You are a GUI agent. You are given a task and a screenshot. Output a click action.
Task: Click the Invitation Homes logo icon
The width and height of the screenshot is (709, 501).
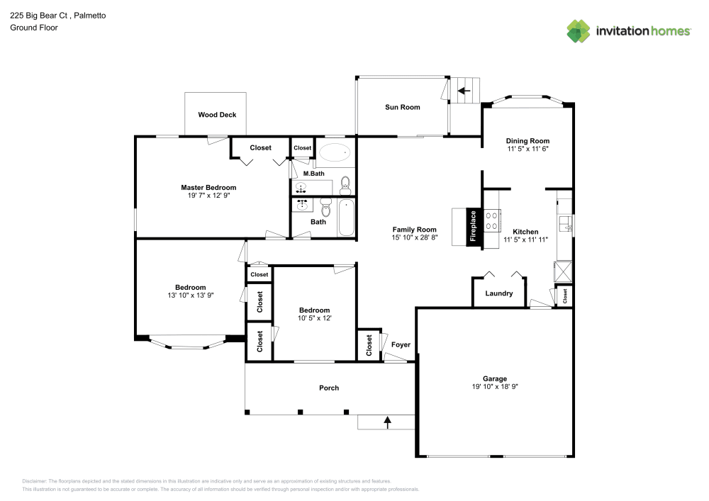[x=579, y=30]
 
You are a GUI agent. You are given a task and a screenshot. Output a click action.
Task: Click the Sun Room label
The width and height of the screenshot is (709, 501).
[x=402, y=108]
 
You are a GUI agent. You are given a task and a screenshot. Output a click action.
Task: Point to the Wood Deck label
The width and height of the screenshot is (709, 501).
[x=217, y=115]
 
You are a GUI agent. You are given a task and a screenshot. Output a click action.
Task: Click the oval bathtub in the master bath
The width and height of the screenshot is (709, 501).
[x=334, y=152]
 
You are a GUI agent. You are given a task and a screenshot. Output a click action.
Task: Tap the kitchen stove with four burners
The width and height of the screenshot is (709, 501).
[x=491, y=221]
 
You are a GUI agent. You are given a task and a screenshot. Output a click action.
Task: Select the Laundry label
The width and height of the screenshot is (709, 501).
[x=499, y=293]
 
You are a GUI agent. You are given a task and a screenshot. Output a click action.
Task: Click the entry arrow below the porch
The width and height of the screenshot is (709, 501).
[x=387, y=422]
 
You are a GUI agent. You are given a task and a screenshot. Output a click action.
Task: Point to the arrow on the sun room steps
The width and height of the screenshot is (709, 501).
[x=464, y=91]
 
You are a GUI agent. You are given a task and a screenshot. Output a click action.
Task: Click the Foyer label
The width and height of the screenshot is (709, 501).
[x=401, y=345]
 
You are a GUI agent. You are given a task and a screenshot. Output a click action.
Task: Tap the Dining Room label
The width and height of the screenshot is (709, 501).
[x=527, y=141]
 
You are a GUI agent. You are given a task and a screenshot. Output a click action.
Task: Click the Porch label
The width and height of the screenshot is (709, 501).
[x=329, y=388]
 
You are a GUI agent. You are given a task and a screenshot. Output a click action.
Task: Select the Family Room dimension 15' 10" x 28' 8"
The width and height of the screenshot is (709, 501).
[x=415, y=238]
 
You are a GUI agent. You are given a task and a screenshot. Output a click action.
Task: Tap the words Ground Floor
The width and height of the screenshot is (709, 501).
[x=34, y=28]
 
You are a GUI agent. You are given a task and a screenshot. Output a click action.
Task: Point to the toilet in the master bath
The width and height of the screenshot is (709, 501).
[x=345, y=185]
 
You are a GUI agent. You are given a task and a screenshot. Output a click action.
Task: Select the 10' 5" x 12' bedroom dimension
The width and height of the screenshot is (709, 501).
[x=314, y=318]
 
